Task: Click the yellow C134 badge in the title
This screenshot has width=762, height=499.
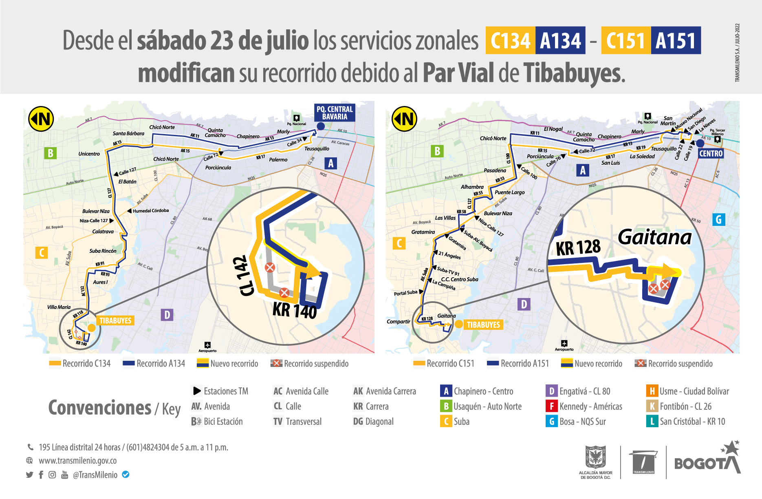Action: [x=510, y=40]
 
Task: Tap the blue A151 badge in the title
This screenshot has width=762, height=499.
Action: [x=676, y=40]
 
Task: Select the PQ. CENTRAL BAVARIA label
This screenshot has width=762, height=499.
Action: [x=335, y=113]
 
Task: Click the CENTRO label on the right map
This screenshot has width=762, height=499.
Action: [x=711, y=154]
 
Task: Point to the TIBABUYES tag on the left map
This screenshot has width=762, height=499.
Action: [x=115, y=320]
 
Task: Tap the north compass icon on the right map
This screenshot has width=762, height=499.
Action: [x=404, y=119]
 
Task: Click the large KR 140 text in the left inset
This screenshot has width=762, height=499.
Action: [x=294, y=310]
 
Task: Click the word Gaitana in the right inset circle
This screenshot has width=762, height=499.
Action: [x=654, y=237]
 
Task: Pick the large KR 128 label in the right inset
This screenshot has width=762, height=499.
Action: [x=578, y=247]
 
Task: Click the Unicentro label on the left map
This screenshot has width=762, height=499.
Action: [x=89, y=154]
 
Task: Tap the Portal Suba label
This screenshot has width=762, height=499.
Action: [x=405, y=293]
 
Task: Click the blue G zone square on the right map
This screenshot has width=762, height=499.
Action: [x=718, y=220]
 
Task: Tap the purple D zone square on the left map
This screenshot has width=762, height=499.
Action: [x=167, y=315]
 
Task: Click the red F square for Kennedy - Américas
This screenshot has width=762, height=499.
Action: [x=551, y=406]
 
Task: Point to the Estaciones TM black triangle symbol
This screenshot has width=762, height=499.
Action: [x=197, y=391]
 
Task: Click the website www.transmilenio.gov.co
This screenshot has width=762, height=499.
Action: [x=77, y=461]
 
